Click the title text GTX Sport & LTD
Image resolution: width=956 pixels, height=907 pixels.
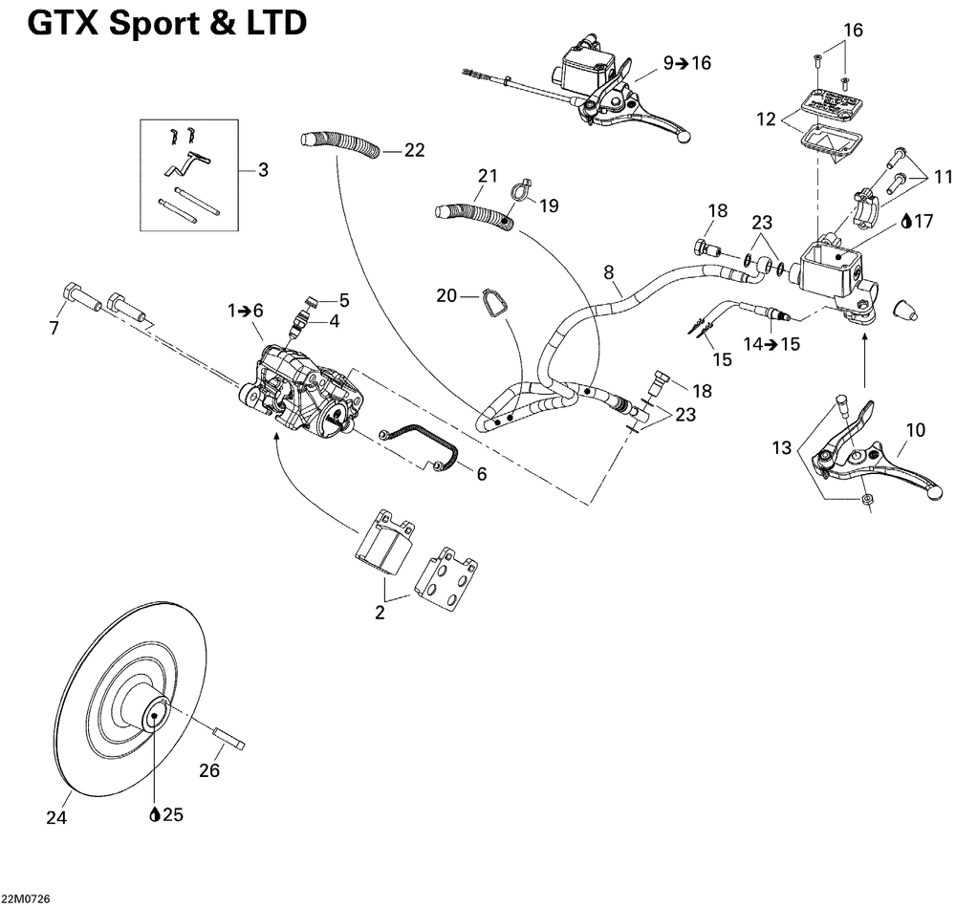(167, 24)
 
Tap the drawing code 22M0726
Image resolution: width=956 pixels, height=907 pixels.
(26, 899)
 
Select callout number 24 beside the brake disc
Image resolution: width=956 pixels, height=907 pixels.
(56, 817)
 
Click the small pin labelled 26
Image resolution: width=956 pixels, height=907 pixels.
(228, 737)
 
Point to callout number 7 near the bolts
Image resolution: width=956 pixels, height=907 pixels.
(54, 328)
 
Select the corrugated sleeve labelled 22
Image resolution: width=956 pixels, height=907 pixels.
(340, 147)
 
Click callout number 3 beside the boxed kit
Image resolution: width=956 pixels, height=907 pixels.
(263, 170)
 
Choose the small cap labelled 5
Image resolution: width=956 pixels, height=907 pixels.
(311, 299)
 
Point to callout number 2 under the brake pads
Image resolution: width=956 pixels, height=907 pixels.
(380, 613)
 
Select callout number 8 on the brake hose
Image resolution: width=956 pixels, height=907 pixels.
(608, 271)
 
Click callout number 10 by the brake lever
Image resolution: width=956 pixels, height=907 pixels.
(916, 430)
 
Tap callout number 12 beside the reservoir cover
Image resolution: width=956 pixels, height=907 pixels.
(766, 119)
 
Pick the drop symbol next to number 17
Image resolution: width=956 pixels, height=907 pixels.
(906, 221)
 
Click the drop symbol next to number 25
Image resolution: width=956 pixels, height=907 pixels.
(155, 814)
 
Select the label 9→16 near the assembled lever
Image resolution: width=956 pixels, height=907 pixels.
(687, 63)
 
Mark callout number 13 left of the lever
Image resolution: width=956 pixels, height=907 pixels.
(782, 448)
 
